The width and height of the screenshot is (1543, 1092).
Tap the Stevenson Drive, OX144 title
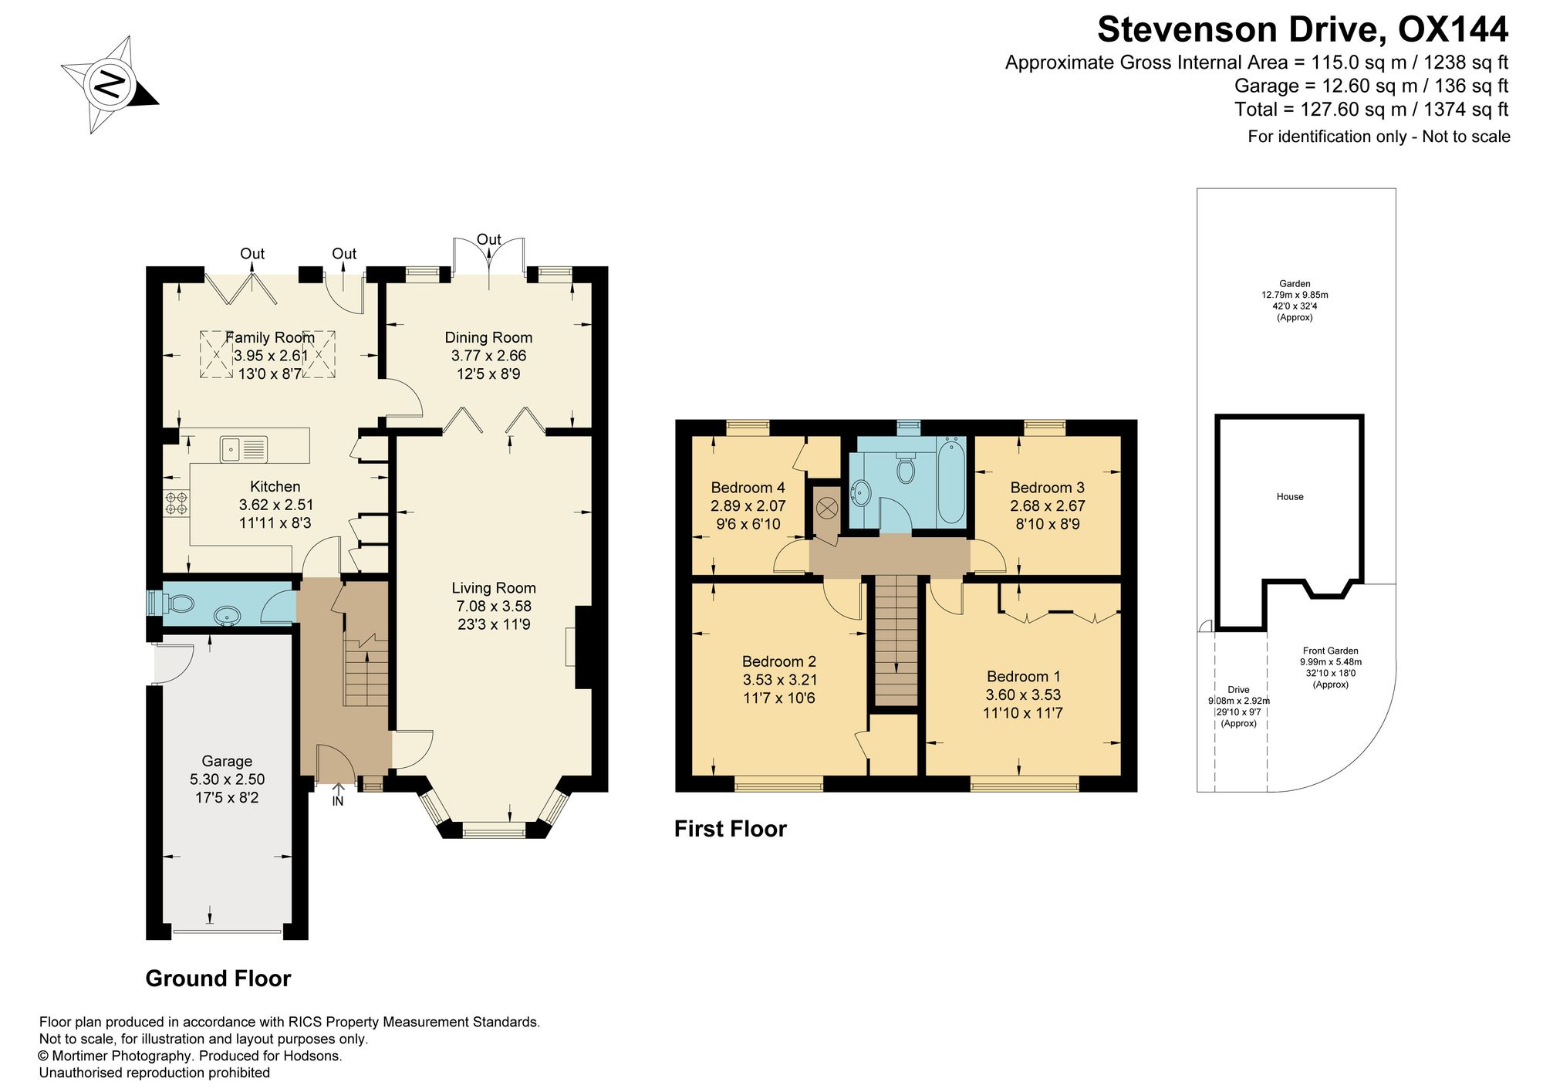coord(1302,30)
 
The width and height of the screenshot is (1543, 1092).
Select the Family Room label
coord(270,337)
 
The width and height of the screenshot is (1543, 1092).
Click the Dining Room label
coord(488,337)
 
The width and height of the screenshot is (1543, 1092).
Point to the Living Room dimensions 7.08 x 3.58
coord(494,607)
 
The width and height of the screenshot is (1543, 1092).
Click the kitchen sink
coord(244,449)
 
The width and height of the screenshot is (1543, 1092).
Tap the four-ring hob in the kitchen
coord(176,503)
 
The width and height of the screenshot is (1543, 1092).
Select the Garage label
coord(227,761)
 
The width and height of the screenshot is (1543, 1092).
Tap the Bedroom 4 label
coord(748,488)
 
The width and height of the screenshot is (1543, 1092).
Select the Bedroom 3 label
coord(1048,488)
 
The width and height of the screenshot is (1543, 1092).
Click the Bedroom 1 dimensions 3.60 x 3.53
coord(1023,695)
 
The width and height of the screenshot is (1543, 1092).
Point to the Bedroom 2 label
coord(779,661)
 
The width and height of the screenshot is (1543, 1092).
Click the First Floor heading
coord(730,829)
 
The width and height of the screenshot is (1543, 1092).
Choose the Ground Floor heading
coord(218,979)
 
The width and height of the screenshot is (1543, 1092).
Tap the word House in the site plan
coord(1290,497)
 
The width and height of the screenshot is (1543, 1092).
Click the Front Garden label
coord(1331,651)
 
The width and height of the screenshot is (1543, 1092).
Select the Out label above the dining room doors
coord(489,239)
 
